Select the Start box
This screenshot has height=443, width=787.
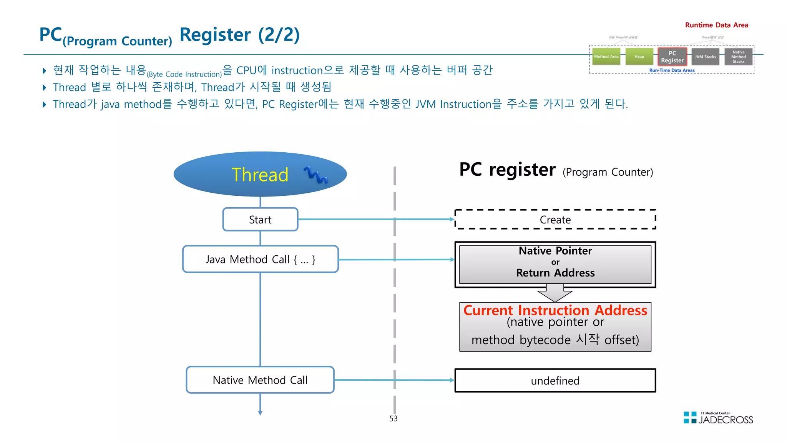click(x=260, y=220)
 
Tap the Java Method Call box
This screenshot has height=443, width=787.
click(x=260, y=259)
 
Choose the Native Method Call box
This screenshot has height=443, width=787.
click(x=260, y=380)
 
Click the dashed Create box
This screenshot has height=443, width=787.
click(x=555, y=220)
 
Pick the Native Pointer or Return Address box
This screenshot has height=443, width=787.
click(x=555, y=264)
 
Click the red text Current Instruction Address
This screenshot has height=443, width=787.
click(x=555, y=310)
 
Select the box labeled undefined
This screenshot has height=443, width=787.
click(x=555, y=381)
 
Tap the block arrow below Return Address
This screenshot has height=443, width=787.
click(x=555, y=294)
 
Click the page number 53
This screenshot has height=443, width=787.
click(x=393, y=418)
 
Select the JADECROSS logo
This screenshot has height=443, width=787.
click(x=718, y=418)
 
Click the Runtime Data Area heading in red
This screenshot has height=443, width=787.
click(x=716, y=25)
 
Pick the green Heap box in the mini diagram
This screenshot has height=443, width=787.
click(x=639, y=57)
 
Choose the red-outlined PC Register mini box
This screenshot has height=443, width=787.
click(x=672, y=57)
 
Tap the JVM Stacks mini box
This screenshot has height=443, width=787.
click(x=705, y=57)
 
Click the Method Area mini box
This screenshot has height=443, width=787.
click(x=606, y=57)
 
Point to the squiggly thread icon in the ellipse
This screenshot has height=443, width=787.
click(x=316, y=175)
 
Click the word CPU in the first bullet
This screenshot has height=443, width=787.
click(x=246, y=70)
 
